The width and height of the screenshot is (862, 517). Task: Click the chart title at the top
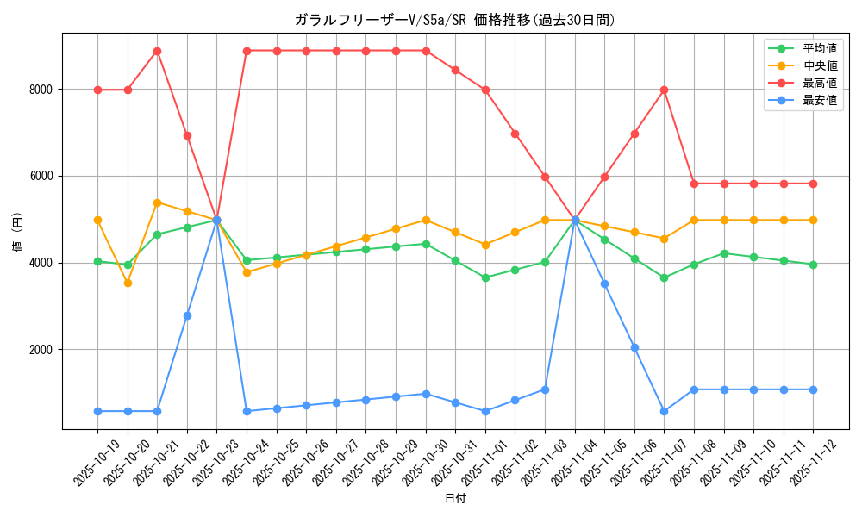(455, 20)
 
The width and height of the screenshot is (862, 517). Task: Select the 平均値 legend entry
(820, 49)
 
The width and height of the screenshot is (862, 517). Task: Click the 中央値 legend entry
(820, 65)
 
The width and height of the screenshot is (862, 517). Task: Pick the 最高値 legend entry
(820, 83)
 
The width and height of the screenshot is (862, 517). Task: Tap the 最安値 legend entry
(820, 100)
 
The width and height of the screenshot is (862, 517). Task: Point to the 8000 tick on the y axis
(41, 90)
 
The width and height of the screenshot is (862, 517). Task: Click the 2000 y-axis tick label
(41, 350)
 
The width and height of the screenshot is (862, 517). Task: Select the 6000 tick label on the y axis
(41, 177)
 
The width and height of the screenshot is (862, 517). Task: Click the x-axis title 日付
(455, 499)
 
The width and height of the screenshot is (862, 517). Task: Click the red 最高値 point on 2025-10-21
(157, 51)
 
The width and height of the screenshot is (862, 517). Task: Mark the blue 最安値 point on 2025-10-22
(187, 315)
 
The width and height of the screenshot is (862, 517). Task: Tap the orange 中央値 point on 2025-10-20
(128, 283)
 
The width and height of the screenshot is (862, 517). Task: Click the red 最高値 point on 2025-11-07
(664, 90)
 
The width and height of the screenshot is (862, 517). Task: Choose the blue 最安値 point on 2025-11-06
(634, 348)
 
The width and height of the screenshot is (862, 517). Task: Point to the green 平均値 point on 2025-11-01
(485, 277)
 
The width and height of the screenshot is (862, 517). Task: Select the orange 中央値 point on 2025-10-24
(247, 272)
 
